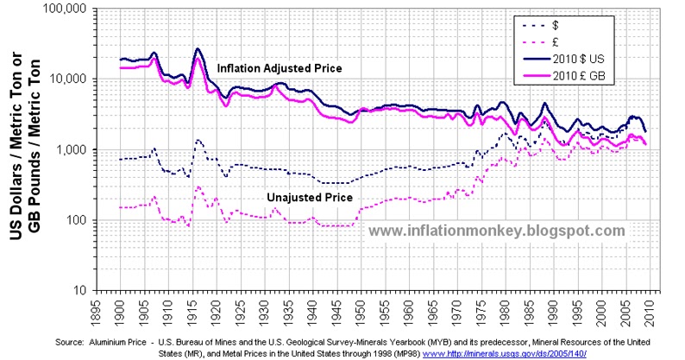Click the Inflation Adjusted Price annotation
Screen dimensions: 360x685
280,67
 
